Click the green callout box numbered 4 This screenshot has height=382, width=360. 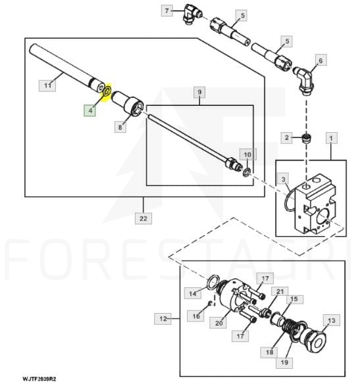(90, 110)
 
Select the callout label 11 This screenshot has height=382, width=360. (47, 85)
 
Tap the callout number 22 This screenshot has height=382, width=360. (143, 218)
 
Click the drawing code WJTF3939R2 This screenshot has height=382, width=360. (39, 379)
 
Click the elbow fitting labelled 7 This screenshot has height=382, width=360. (192, 14)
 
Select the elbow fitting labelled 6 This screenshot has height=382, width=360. (303, 81)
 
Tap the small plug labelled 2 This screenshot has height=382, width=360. (307, 138)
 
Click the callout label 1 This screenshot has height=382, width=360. (332, 138)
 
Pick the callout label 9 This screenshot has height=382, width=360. (199, 92)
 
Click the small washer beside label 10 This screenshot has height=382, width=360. (247, 172)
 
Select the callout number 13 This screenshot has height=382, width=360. (332, 320)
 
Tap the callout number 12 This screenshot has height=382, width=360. (163, 319)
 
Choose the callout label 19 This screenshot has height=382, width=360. (284, 362)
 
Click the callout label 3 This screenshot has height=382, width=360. (283, 179)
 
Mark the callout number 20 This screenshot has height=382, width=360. (219, 323)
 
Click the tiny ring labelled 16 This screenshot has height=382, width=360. (210, 303)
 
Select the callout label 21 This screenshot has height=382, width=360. (280, 291)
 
